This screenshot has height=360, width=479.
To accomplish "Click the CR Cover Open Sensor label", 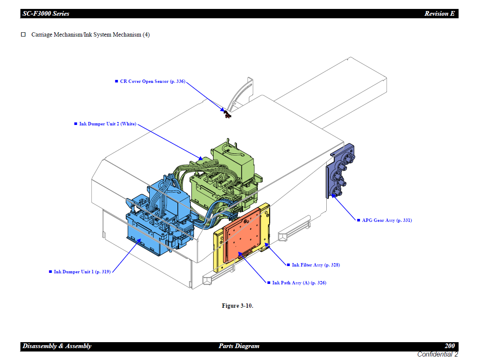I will [x=152, y=81].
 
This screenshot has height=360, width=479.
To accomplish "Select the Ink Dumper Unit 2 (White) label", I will [x=108, y=124].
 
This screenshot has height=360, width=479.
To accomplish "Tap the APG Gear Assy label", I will [x=387, y=220].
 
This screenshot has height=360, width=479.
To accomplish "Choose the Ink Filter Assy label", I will [x=316, y=265].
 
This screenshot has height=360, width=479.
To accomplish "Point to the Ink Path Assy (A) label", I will [x=299, y=283].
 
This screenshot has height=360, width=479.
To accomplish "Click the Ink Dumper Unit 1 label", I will [x=82, y=272].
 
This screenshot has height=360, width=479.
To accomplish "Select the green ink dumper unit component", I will [x=225, y=174].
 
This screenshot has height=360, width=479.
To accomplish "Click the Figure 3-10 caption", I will [x=237, y=306].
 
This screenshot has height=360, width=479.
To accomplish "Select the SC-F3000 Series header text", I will [x=46, y=14].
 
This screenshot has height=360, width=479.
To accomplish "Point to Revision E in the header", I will [x=439, y=14].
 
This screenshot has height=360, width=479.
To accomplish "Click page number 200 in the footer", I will [x=449, y=346].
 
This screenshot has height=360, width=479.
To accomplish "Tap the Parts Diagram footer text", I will [x=239, y=346].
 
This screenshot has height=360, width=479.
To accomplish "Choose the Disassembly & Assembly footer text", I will [x=57, y=346].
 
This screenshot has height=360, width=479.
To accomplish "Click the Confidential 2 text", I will [x=437, y=354].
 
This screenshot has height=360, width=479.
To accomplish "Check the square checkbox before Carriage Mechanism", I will [x=24, y=34].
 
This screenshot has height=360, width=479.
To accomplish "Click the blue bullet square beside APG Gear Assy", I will [x=358, y=220].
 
